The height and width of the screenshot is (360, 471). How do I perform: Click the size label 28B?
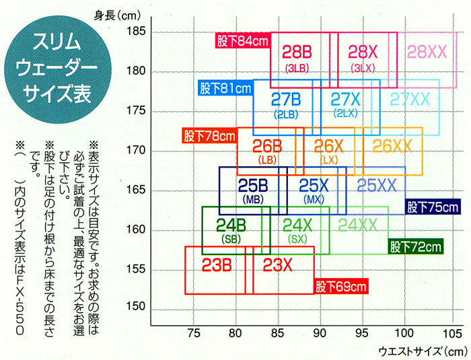(296, 51)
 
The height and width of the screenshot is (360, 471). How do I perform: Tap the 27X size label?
(347, 99)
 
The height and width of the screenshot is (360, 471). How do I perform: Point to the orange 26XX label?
(392, 145)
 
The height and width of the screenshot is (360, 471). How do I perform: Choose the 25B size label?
(254, 184)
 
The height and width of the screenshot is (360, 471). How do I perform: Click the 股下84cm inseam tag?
(243, 41)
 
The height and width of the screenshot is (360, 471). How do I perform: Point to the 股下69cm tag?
(342, 287)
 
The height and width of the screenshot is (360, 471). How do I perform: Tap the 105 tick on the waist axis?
(447, 332)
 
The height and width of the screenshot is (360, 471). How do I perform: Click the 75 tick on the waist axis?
(194, 332)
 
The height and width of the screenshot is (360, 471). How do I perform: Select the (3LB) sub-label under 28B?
(296, 68)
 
